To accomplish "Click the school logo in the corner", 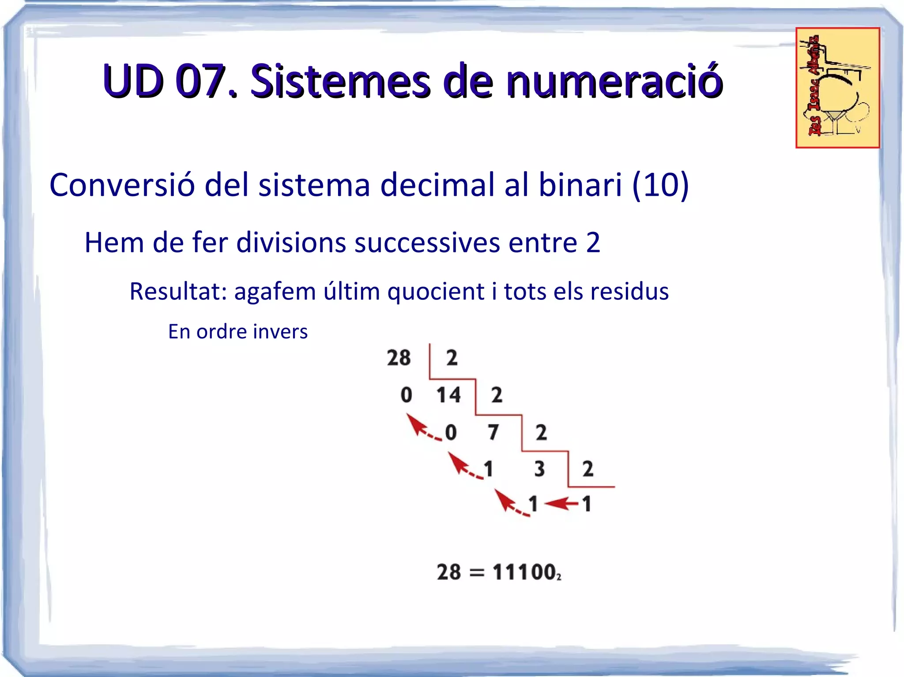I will pyautogui.click(x=837, y=88).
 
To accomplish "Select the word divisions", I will pyautogui.click(x=291, y=242).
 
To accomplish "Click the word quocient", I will pyautogui.click(x=436, y=291).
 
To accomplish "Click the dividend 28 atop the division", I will pyautogui.click(x=399, y=358).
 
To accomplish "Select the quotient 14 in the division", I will pyautogui.click(x=448, y=395).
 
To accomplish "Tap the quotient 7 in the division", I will pyautogui.click(x=493, y=432).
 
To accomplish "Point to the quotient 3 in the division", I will pyautogui.click(x=539, y=468).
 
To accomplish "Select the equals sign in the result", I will pyautogui.click(x=477, y=573).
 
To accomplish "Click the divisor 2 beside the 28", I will pyautogui.click(x=452, y=358).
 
